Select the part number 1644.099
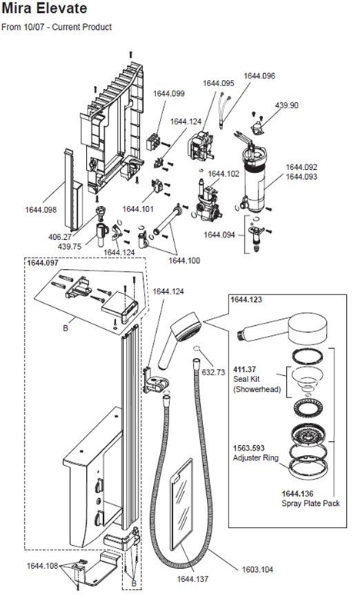tap(169, 94)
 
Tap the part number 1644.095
tap(218, 83)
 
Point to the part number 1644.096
tap(259, 76)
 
